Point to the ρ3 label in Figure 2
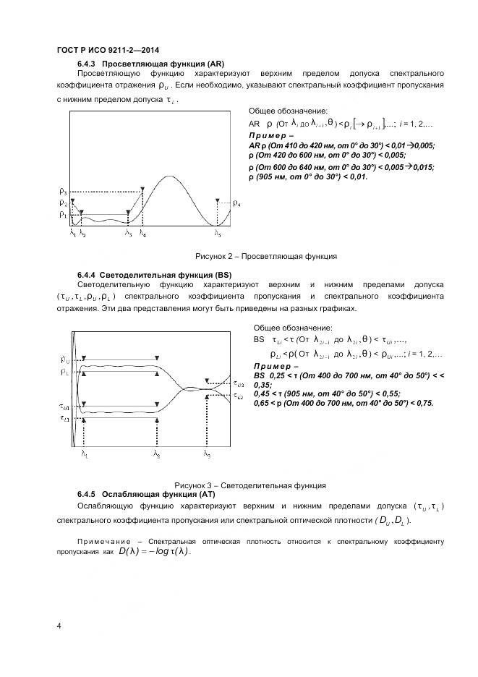tap(63, 192)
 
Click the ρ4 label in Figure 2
tap(238, 205)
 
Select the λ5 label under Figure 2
tap(217, 234)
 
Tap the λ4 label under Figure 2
tap(142, 234)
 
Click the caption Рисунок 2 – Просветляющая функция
tap(265, 256)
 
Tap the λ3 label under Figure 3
tap(208, 455)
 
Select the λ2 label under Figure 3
tap(156, 455)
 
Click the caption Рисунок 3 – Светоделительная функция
tap(250, 485)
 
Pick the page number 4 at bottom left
tap(59, 626)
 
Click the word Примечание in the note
tap(102, 542)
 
